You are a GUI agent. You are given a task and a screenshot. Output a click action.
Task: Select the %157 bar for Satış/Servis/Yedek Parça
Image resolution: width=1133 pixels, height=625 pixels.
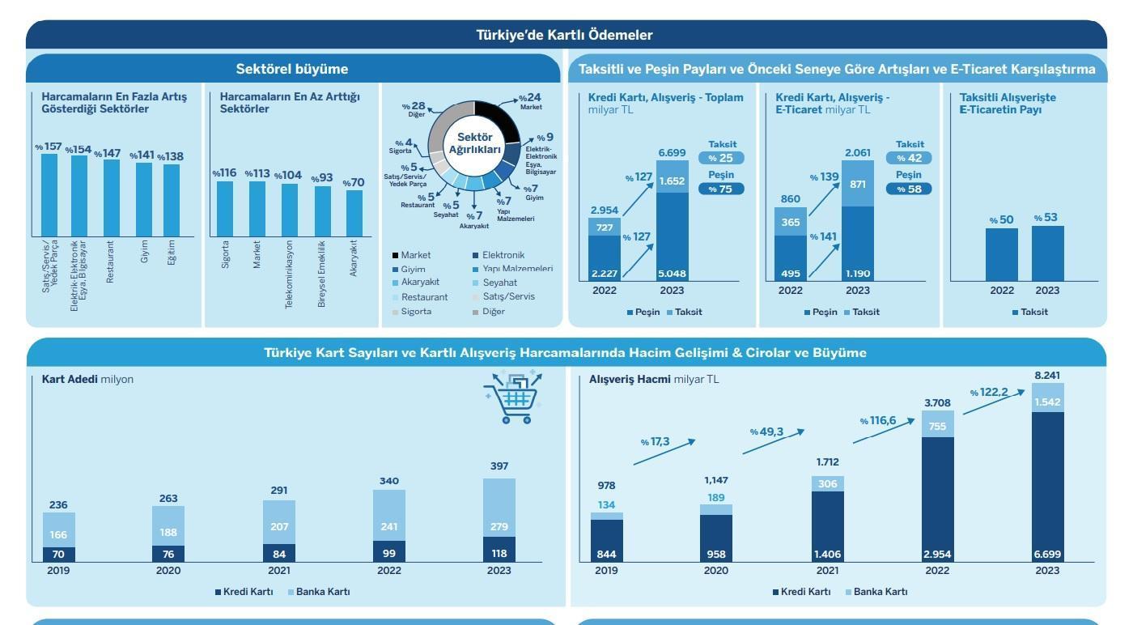tap(49, 194)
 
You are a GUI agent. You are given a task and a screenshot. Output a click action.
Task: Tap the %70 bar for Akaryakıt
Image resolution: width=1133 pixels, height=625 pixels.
tap(354, 213)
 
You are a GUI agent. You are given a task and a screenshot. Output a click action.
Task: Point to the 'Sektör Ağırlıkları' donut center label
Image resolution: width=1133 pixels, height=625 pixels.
tap(474, 143)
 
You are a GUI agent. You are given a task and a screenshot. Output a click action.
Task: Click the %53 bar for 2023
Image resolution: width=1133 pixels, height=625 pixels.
tap(1047, 253)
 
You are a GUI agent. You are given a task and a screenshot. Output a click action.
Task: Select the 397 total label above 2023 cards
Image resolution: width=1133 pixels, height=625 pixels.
tap(499, 466)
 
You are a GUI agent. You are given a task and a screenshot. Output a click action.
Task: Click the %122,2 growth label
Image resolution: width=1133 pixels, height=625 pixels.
tap(989, 393)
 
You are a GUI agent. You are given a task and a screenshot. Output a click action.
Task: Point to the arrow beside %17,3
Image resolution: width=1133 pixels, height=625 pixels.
tap(664, 452)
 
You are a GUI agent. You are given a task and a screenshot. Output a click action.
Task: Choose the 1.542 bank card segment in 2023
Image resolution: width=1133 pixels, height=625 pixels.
tap(1047, 402)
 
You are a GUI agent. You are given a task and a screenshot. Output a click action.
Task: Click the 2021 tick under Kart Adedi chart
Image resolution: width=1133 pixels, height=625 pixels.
tap(279, 571)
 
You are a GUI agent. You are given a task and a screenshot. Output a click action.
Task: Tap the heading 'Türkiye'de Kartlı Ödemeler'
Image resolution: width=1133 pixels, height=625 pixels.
tap(565, 35)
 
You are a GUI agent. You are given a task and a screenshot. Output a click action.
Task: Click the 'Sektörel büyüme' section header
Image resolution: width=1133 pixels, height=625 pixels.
tap(292, 69)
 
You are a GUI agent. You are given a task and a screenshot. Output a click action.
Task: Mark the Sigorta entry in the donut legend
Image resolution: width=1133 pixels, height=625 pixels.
tap(416, 312)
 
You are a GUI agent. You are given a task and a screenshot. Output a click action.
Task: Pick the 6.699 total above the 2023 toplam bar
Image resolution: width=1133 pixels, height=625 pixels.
tap(672, 153)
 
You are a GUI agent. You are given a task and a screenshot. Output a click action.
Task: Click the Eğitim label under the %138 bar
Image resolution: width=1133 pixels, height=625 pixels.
tap(172, 253)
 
